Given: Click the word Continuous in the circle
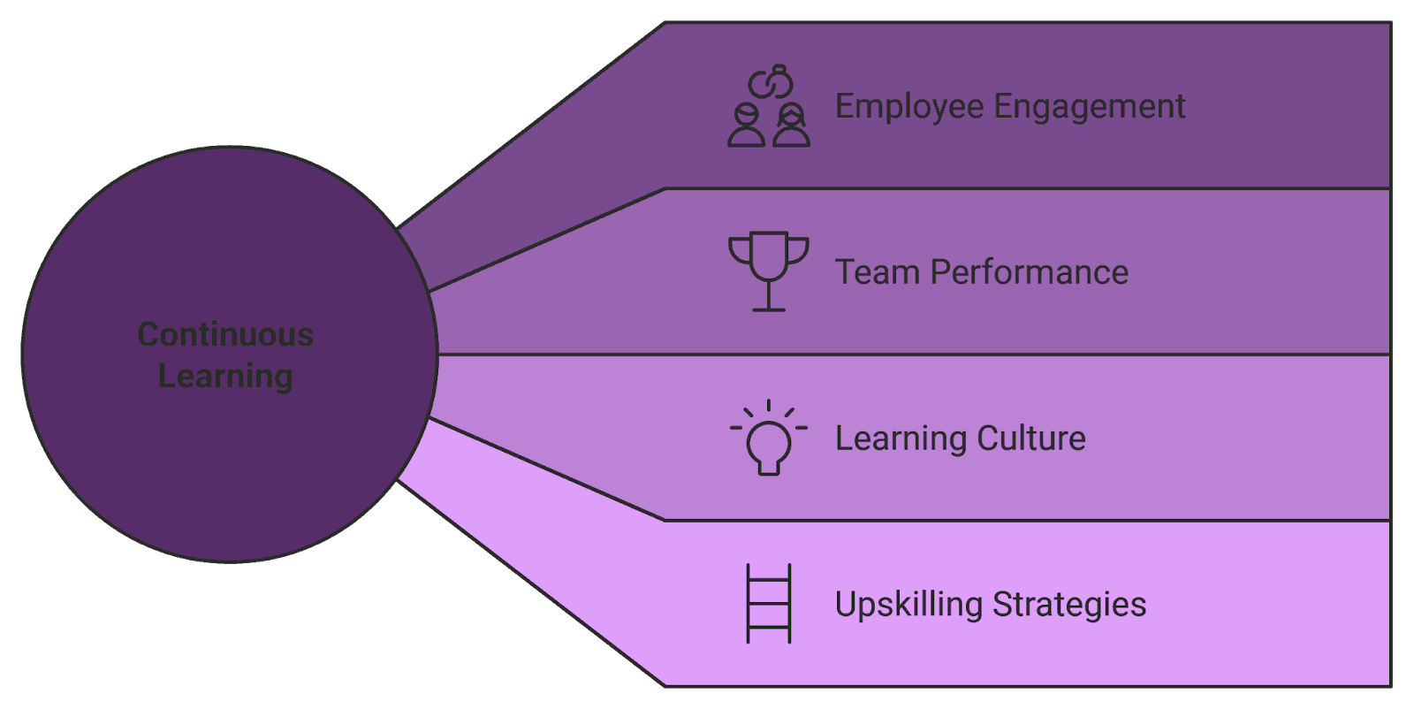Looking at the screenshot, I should pyautogui.click(x=225, y=335).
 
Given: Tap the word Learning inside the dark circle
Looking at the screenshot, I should pyautogui.click(x=225, y=376).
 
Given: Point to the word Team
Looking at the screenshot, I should pyautogui.click(x=878, y=272).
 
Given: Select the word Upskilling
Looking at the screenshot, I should pyautogui.click(x=908, y=605).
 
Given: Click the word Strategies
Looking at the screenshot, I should pyautogui.click(x=1069, y=605).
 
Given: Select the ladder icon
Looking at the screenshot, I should pyautogui.click(x=768, y=604).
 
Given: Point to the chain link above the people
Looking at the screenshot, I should pyautogui.click(x=771, y=82).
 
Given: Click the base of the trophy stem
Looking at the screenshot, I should pyautogui.click(x=769, y=309).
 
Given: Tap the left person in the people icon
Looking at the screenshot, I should pyautogui.click(x=747, y=126).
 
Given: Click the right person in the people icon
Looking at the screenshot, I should pyautogui.click(x=792, y=126).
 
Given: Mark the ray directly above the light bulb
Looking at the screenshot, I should pyautogui.click(x=769, y=407).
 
